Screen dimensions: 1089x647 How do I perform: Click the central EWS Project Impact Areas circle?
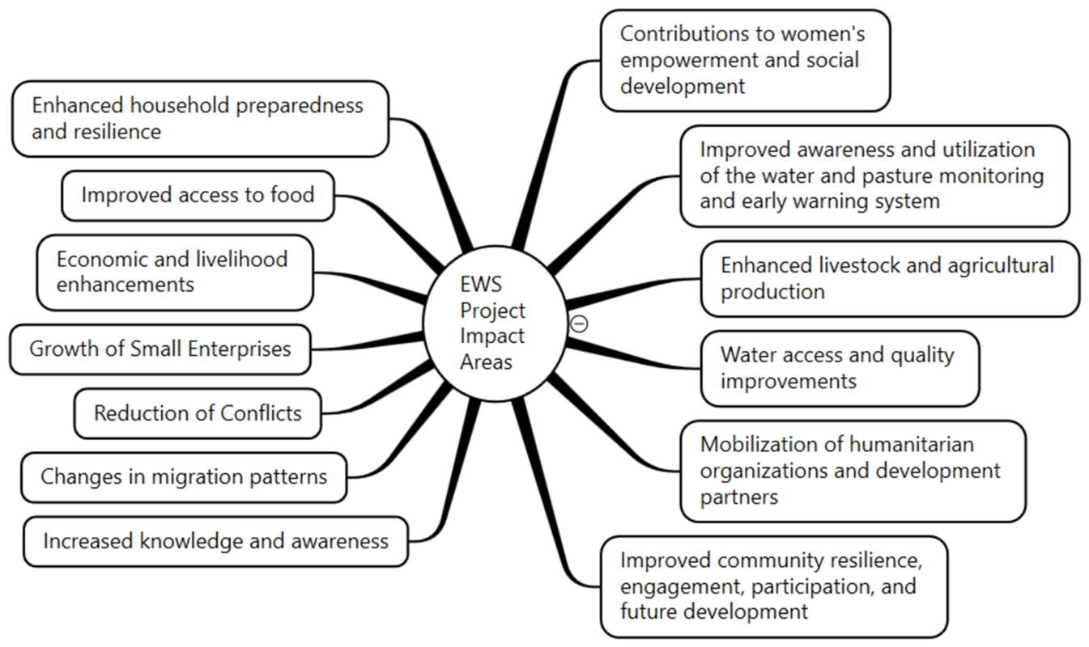(496, 323)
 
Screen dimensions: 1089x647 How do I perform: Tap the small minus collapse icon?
(579, 323)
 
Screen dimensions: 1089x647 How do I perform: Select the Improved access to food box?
(198, 196)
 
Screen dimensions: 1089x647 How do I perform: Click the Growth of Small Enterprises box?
(160, 349)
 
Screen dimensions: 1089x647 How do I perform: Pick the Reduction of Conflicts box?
(198, 413)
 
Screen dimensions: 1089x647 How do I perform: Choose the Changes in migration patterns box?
(184, 477)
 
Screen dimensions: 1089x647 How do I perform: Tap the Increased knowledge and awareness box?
(216, 542)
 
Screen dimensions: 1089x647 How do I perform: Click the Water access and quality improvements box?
(840, 369)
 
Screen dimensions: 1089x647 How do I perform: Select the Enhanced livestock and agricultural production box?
(890, 279)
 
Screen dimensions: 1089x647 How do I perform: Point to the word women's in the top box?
(823, 34)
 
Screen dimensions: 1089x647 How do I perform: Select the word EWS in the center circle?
(481, 284)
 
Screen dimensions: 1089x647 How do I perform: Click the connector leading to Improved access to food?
(389, 229)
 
